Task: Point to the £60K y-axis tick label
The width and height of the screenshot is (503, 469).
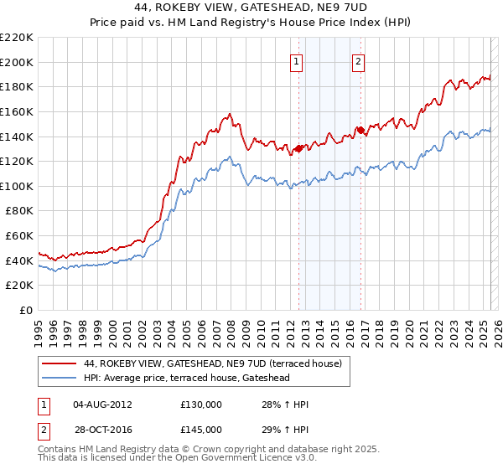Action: click(19, 236)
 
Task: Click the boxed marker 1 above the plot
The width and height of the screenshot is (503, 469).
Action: click(298, 60)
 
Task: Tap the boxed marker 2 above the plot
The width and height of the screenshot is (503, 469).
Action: click(358, 60)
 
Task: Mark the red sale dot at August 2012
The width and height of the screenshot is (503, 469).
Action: click(298, 149)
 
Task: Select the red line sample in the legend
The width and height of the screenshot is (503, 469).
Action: click(59, 363)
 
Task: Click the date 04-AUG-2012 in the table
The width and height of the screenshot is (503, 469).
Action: click(104, 404)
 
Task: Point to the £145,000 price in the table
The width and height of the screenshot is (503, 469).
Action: click(200, 429)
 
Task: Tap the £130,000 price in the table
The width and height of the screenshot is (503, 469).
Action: click(200, 404)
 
